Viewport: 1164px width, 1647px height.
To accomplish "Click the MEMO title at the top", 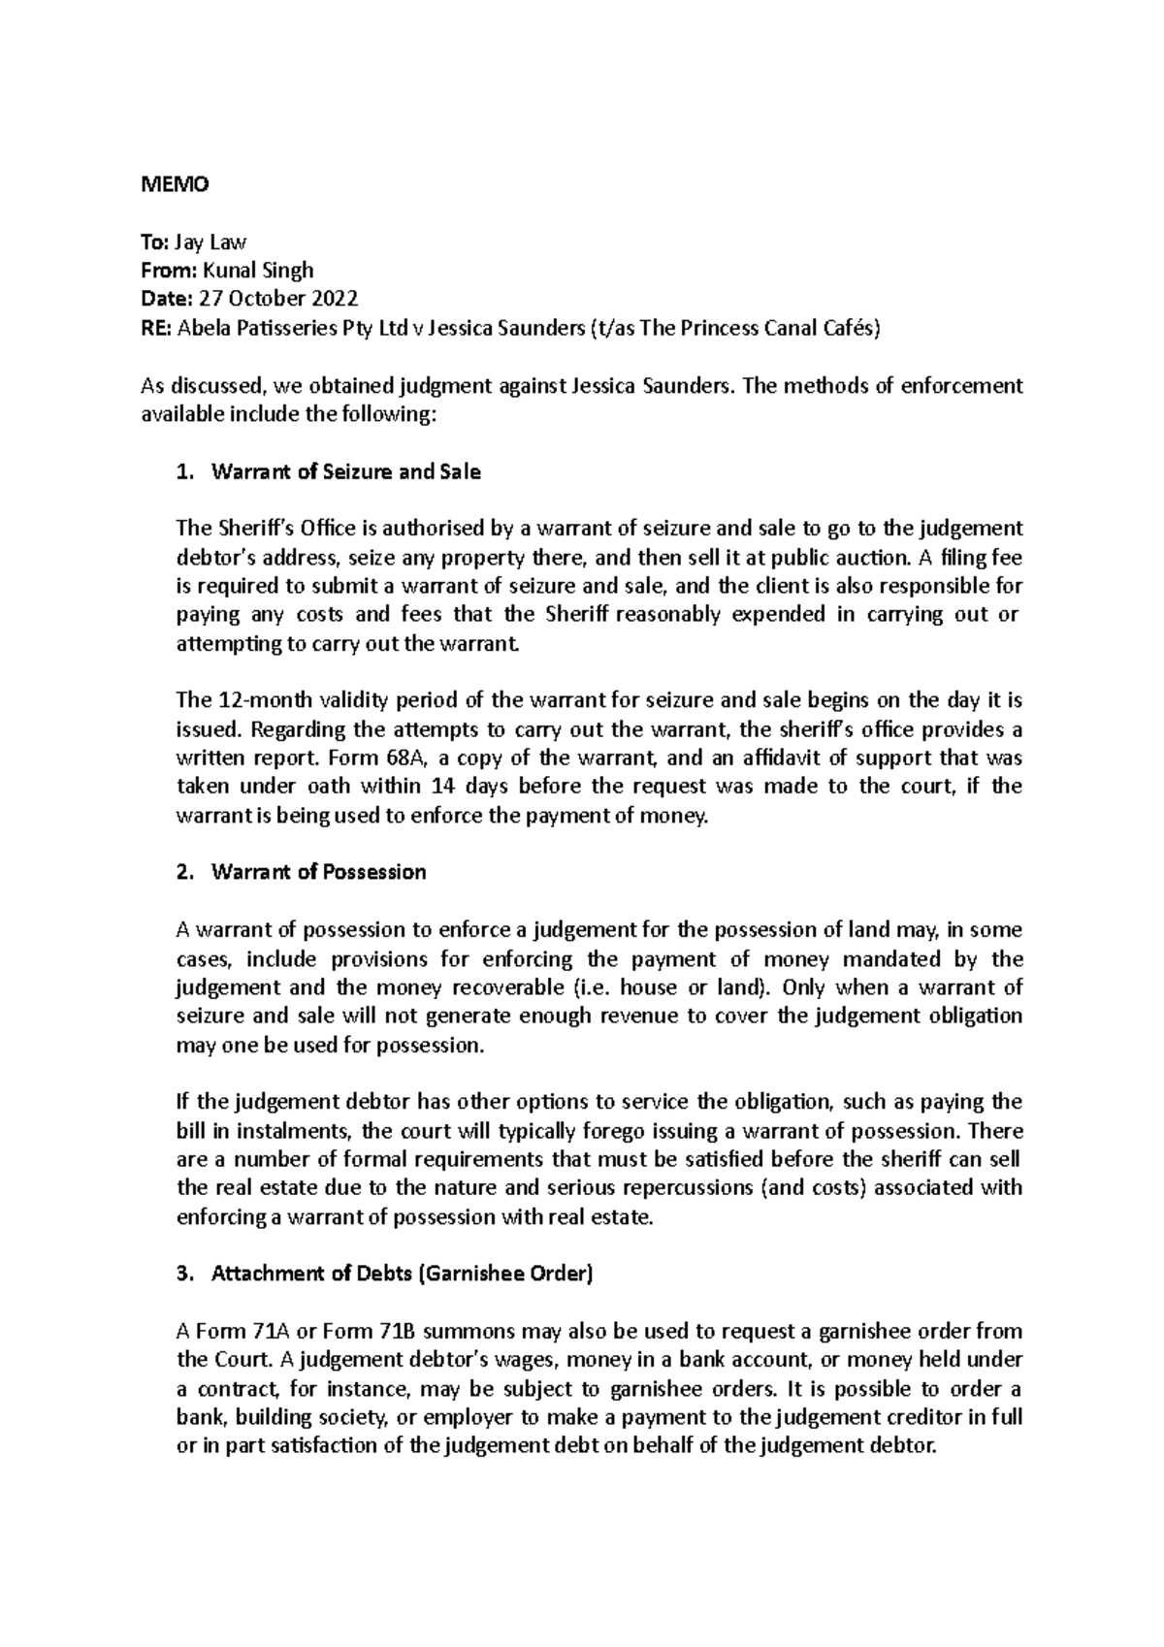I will pyautogui.click(x=175, y=184).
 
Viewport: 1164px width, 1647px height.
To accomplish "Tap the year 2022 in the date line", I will pyautogui.click(x=333, y=299).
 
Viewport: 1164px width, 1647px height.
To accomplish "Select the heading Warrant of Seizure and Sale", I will pyautogui.click(x=345, y=472).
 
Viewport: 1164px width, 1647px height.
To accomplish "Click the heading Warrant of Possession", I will pyautogui.click(x=318, y=872).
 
